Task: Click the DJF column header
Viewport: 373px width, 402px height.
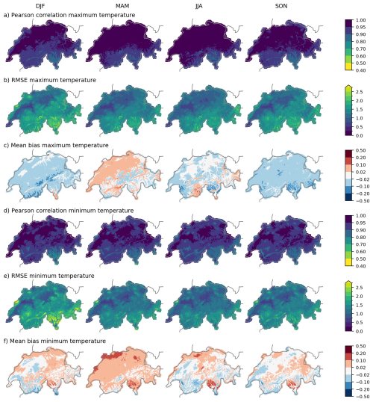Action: (40, 6)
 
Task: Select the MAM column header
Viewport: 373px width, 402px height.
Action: (122, 6)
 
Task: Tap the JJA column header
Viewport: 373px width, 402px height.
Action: (199, 6)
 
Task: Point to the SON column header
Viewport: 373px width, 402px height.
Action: (281, 6)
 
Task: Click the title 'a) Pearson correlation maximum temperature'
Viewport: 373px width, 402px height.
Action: (69, 15)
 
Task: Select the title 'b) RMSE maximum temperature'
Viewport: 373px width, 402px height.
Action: (50, 80)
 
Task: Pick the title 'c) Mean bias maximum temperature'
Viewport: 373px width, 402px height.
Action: (56, 146)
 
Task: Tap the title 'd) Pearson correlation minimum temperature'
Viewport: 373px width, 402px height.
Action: (69, 211)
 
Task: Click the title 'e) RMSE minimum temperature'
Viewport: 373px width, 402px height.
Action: (49, 276)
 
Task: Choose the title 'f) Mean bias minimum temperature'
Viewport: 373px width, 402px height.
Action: (54, 341)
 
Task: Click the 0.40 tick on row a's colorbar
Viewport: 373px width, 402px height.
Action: (361, 70)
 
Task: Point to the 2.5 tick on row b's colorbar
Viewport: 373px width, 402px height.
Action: (359, 92)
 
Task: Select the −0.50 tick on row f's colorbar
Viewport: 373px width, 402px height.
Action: (363, 396)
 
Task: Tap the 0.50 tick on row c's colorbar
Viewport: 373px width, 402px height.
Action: (361, 150)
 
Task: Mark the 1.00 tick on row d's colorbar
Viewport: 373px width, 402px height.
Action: (361, 216)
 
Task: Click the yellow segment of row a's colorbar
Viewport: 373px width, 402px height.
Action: (348, 67)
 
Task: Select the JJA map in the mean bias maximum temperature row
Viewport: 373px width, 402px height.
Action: (204, 175)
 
